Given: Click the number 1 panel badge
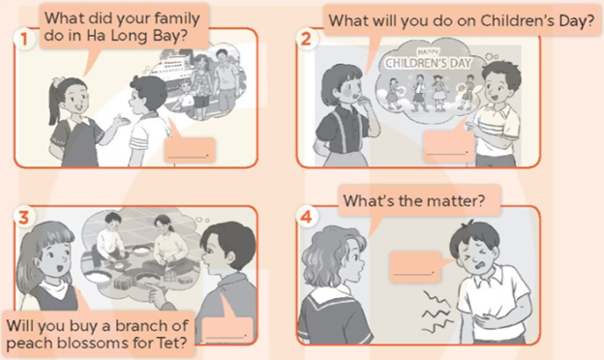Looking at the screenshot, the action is (24, 39).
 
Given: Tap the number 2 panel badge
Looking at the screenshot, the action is (306, 39).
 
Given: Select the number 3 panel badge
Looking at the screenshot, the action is (24, 218).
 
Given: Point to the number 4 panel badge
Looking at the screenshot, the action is (306, 218).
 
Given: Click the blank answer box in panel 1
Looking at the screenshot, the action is (189, 149).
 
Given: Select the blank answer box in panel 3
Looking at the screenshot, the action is (226, 330).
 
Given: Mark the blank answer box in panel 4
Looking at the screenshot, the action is (415, 266).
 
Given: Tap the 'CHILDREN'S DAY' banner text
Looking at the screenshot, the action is (429, 62).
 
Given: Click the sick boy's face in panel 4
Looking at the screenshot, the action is (473, 255).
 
